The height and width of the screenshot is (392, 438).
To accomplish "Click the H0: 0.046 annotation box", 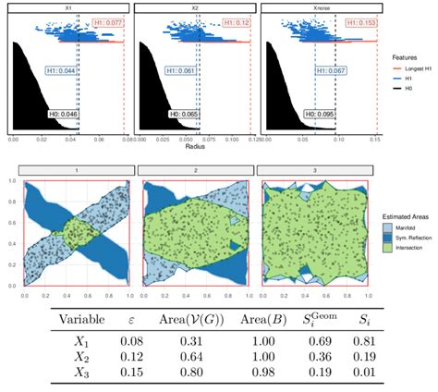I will tap(62, 113).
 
